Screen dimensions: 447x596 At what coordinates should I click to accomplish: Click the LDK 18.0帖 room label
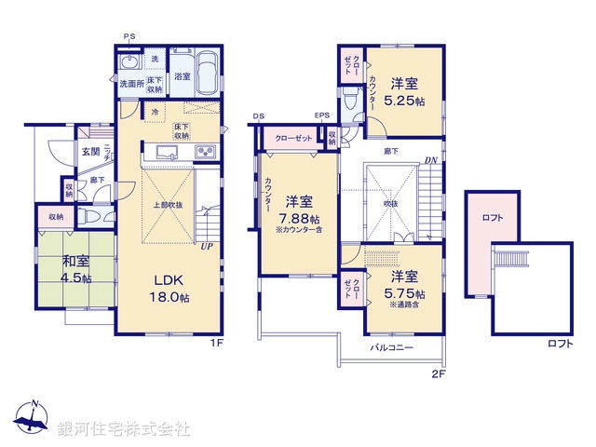point(171,289)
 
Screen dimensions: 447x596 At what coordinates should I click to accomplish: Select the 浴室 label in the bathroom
point(183,77)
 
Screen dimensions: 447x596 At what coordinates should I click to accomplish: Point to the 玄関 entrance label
point(89,152)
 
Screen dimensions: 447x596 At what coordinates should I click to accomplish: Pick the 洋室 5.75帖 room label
point(403,284)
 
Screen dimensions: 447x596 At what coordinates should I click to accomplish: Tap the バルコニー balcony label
point(392,347)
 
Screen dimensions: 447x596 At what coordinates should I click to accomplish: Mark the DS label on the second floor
point(258,116)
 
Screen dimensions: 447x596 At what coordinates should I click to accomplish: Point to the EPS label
point(321,116)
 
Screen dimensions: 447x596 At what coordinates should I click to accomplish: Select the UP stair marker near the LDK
point(206,246)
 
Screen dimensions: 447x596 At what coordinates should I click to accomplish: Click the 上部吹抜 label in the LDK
point(169,204)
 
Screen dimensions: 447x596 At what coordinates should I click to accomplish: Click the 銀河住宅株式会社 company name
point(124,429)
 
